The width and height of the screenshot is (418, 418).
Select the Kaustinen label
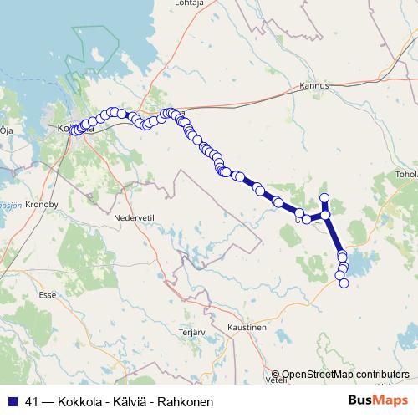click(x=249, y=328)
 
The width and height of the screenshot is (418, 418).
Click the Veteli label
click(x=276, y=379)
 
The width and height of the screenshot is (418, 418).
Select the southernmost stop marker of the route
click(x=343, y=283)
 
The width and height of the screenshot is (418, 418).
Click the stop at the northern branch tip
click(x=325, y=197)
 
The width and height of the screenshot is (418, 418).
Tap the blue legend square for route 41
click(x=13, y=402)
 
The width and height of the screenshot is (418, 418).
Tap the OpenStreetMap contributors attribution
click(x=345, y=375)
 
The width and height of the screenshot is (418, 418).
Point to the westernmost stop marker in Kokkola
click(x=74, y=130)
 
